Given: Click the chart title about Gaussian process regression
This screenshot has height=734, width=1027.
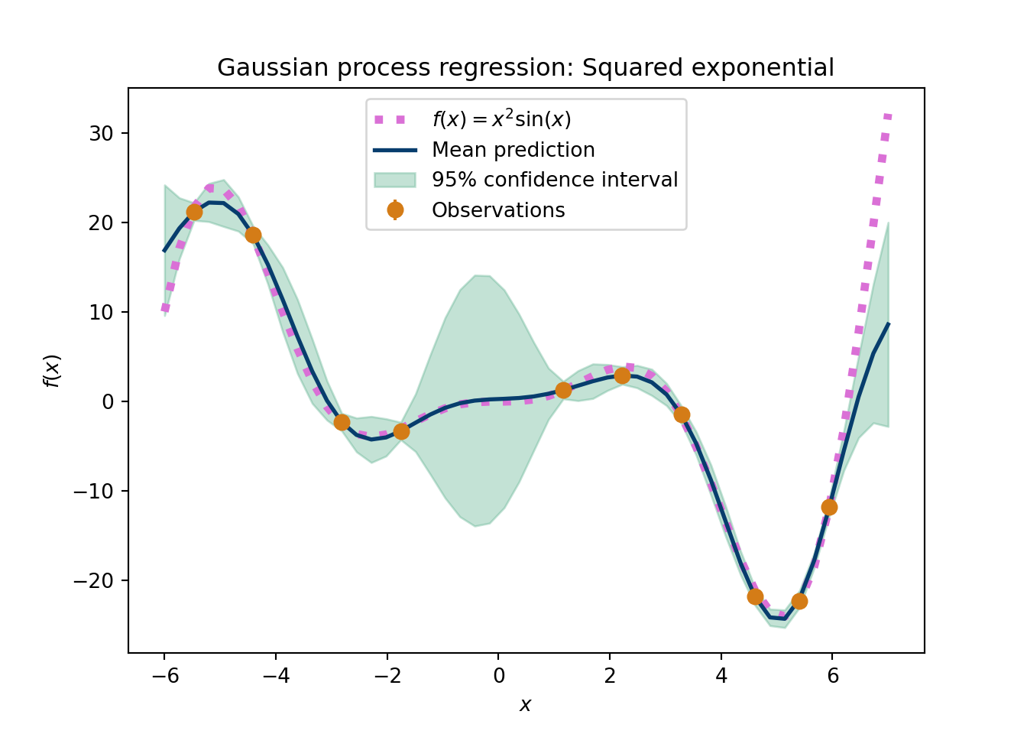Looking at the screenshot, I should (x=526, y=68).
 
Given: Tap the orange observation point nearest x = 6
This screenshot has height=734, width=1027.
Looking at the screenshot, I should (x=829, y=507).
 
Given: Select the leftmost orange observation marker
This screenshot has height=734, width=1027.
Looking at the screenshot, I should (x=194, y=212).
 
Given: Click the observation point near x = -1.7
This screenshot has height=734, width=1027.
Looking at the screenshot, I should (x=401, y=431).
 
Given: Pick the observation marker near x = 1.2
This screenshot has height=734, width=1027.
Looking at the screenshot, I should (x=563, y=390).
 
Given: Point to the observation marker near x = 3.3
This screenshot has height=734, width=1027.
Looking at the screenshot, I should (x=682, y=414).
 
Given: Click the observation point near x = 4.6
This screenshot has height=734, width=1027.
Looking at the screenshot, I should (x=755, y=596).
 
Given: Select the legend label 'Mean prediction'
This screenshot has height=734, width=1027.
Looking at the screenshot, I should (x=513, y=150).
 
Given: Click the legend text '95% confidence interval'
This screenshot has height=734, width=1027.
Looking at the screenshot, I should (x=555, y=180).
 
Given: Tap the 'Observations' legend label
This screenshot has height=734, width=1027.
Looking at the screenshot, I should (x=498, y=210).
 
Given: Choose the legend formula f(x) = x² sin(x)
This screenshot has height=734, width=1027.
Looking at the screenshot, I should (x=501, y=119).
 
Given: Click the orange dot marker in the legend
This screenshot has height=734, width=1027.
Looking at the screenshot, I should (x=395, y=210).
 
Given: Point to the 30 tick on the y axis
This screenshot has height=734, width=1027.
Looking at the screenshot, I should (x=101, y=134).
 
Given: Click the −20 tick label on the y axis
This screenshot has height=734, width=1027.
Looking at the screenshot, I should (x=93, y=580).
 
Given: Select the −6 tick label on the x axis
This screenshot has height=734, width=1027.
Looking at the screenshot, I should (x=164, y=676).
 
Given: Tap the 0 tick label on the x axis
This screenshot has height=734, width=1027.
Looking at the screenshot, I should (x=498, y=676).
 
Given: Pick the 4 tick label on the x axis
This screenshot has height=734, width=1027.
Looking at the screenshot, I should (x=721, y=676).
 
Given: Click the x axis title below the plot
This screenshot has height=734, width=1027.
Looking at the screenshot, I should (x=526, y=705).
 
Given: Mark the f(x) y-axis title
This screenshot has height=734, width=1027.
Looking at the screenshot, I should (x=52, y=371).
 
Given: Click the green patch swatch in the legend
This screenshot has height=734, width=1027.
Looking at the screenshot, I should (x=395, y=180).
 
